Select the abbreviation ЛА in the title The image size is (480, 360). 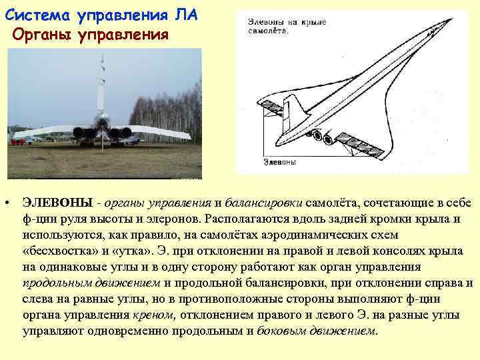(x=181, y=13)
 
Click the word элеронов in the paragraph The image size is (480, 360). (x=176, y=218)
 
